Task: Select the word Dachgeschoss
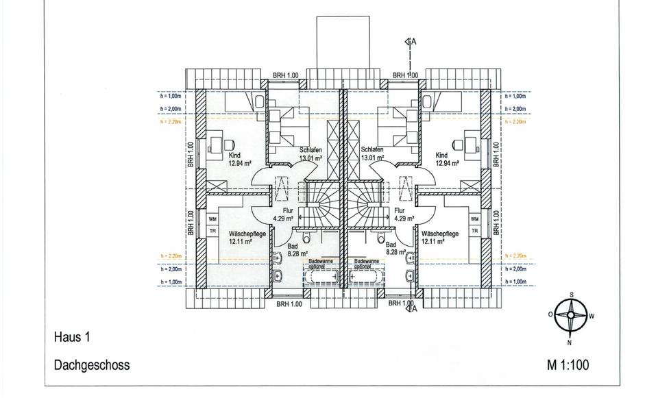pyautogui.click(x=91, y=365)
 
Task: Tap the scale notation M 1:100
pyautogui.click(x=568, y=365)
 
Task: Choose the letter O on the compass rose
pyautogui.click(x=550, y=314)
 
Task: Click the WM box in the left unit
pyautogui.click(x=212, y=219)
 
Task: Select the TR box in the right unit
pyautogui.click(x=474, y=231)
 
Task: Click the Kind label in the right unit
pyautogui.click(x=441, y=156)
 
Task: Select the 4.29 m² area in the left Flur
pyautogui.click(x=282, y=219)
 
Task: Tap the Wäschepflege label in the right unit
pyautogui.click(x=431, y=234)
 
